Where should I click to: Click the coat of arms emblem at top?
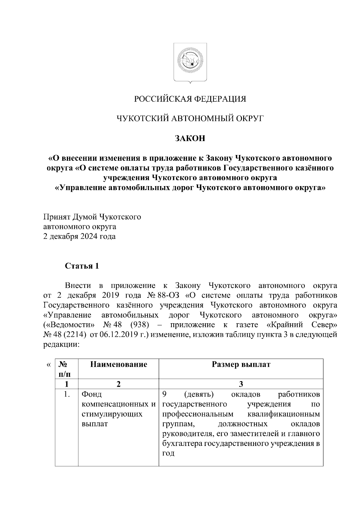point(190,63)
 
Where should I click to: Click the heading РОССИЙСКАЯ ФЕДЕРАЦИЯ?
point(190,99)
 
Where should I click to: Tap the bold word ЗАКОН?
point(190,138)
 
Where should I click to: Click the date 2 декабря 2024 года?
point(79,236)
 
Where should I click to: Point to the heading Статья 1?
point(82,266)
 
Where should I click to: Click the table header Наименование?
point(119,364)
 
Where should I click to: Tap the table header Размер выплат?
point(241,364)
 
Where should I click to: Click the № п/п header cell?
point(66,369)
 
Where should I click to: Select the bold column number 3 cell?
point(241,384)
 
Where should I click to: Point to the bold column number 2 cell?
point(119,384)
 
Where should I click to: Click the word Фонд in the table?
point(92,394)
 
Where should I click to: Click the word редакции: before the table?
point(61,345)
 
